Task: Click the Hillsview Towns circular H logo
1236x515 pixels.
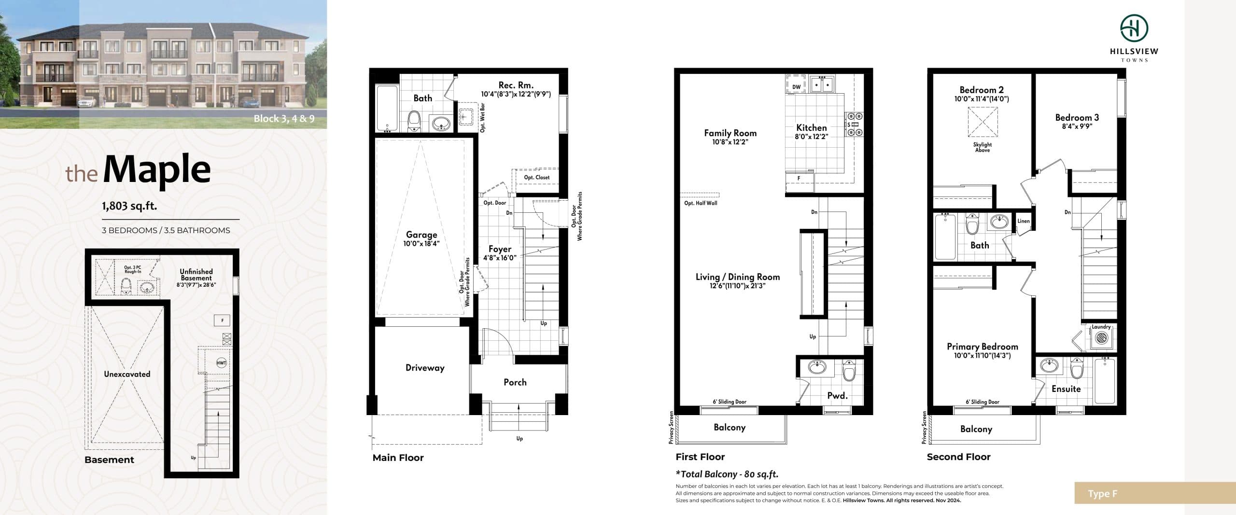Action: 1134,28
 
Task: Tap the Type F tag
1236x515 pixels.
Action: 1102,494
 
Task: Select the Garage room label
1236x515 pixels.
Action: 421,235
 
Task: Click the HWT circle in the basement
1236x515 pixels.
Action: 221,363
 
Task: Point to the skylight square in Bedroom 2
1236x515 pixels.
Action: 983,122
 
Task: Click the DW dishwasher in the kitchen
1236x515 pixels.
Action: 796,87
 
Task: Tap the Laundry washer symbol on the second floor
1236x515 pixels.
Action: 1100,338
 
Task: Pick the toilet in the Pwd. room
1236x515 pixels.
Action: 849,371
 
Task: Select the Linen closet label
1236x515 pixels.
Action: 1024,221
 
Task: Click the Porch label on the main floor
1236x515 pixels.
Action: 515,382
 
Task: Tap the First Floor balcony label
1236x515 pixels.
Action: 730,428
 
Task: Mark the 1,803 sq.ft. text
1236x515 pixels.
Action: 129,206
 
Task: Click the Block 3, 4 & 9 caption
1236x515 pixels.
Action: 284,119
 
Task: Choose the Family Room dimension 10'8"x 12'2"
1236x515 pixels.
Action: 730,142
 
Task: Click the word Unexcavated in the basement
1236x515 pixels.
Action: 127,374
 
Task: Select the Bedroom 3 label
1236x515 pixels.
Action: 1077,118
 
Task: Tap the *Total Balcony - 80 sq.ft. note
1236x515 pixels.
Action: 727,474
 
